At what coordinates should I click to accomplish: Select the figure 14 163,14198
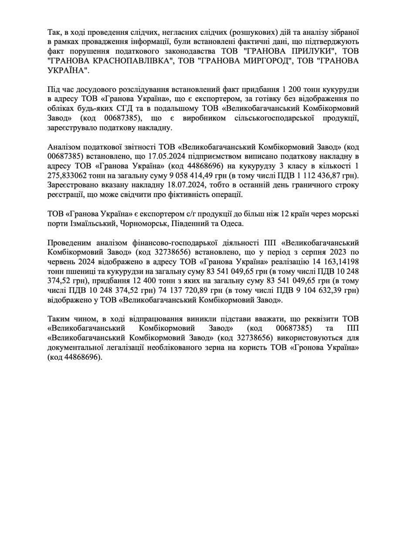(333, 262)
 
